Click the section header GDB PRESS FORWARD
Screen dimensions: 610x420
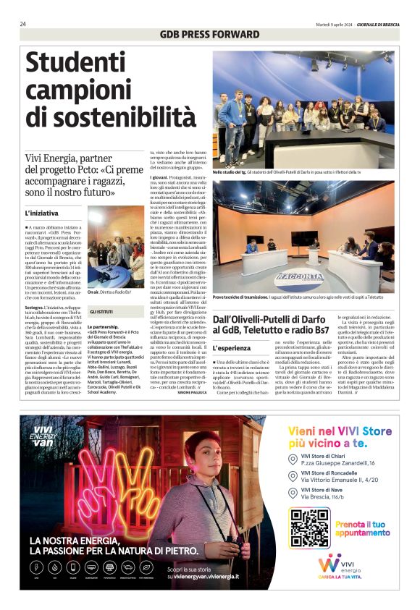pyautogui.click(x=209, y=34)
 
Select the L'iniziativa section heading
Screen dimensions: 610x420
pyautogui.click(x=42, y=213)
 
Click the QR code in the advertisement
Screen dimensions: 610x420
pyautogui.click(x=309, y=528)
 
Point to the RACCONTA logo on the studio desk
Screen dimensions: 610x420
pyautogui.click(x=299, y=276)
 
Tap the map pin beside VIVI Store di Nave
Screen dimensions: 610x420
pyautogui.click(x=293, y=494)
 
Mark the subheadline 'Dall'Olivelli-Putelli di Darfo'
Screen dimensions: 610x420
pyautogui.click(x=281, y=323)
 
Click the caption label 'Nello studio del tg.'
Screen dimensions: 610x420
pyautogui.click(x=230, y=172)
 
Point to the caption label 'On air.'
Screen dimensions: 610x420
pyautogui.click(x=93, y=292)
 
